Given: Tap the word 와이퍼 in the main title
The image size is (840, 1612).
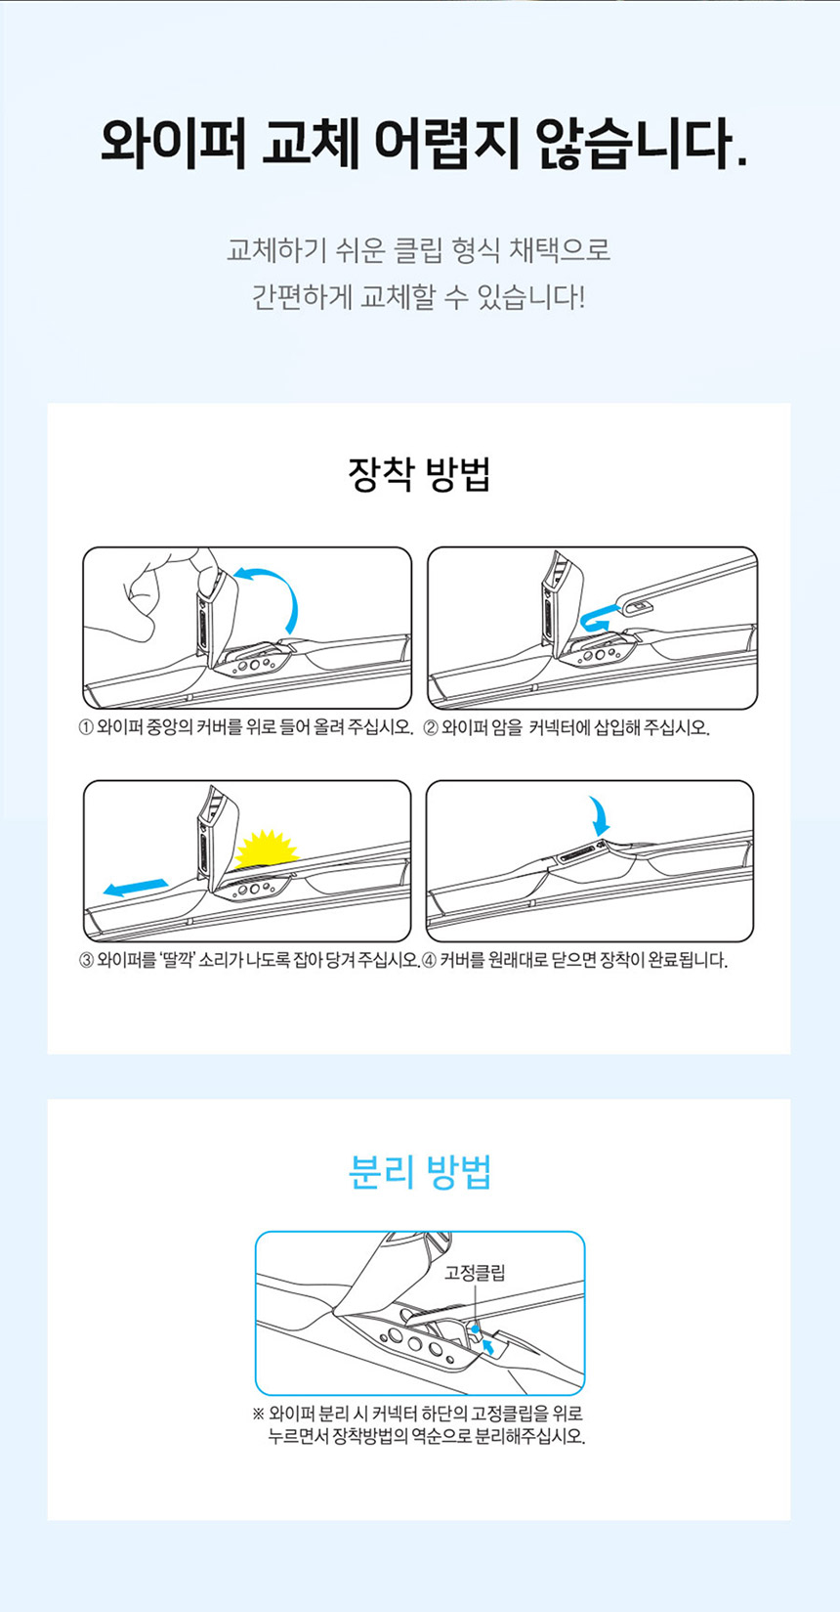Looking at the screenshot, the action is (173, 143).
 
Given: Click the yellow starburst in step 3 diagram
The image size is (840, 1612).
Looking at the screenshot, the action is (267, 847).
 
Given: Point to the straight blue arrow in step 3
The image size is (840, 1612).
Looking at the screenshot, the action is (136, 888).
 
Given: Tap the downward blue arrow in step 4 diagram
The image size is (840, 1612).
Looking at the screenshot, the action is (599, 816).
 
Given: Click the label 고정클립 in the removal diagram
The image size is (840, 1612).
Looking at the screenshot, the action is (475, 1273).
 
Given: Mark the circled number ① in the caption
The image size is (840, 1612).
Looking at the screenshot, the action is (86, 727).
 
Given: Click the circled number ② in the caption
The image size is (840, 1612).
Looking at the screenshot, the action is (431, 727).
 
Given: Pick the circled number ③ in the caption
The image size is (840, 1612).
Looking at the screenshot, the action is (86, 960).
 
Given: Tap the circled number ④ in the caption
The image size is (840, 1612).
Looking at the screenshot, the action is (430, 960).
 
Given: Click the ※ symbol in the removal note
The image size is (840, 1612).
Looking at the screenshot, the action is (259, 1415).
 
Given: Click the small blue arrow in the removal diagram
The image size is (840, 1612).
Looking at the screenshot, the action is (488, 1346).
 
